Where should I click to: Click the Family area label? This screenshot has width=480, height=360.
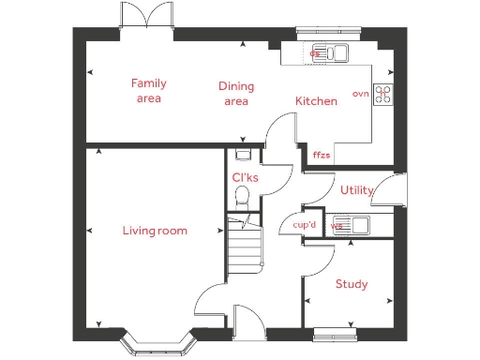click(148, 90)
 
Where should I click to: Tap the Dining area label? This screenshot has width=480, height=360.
click(236, 94)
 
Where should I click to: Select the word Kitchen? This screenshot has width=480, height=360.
click(316, 101)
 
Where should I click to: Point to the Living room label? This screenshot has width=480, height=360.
click(155, 231)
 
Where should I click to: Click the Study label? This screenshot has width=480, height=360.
click(351, 284)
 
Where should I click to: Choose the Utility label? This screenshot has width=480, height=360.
click(356, 190)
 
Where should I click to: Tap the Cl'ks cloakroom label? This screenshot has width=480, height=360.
click(245, 177)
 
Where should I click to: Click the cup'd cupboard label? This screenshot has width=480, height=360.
click(304, 225)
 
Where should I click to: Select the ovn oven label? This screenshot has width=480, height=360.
click(360, 94)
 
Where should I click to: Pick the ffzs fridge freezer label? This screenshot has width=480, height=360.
click(321, 155)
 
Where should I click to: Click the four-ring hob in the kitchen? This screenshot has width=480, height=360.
click(383, 94)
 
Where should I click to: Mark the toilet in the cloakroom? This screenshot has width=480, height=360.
click(241, 196)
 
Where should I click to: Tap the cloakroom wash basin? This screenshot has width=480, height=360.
click(244, 155)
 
